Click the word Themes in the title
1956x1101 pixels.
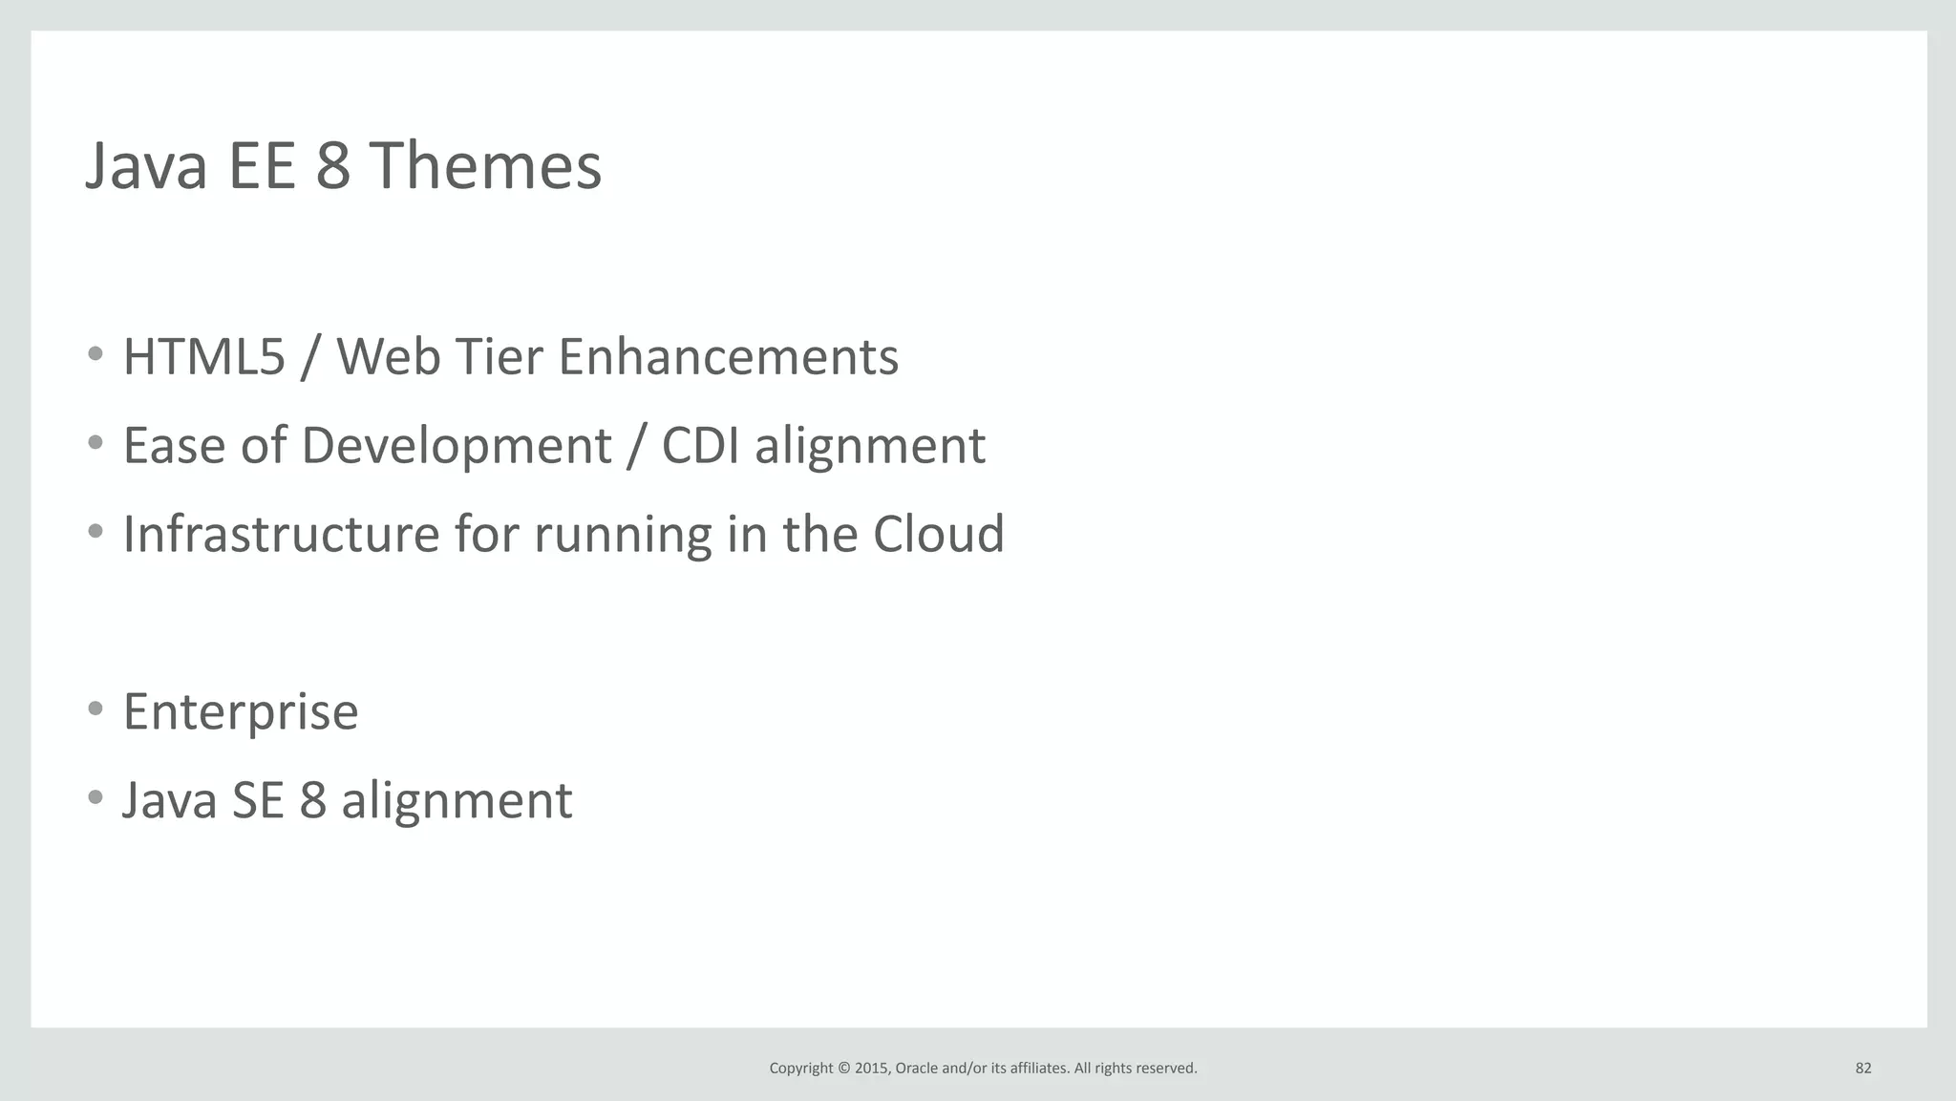pos(485,166)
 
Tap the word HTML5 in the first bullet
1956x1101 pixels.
pos(204,357)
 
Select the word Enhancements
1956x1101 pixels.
pos(728,357)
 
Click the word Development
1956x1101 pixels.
pos(456,446)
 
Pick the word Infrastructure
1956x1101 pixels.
pos(281,534)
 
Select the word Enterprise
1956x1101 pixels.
pos(241,712)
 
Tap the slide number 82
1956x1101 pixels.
pos(1862,1069)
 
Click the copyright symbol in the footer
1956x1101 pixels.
pos(842,1069)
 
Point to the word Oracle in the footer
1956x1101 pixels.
pos(916,1069)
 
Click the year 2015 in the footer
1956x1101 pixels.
pos(872,1069)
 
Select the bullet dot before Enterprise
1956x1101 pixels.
pos(95,709)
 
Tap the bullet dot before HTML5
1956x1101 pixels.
pos(95,354)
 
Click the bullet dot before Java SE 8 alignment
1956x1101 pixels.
pos(95,797)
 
